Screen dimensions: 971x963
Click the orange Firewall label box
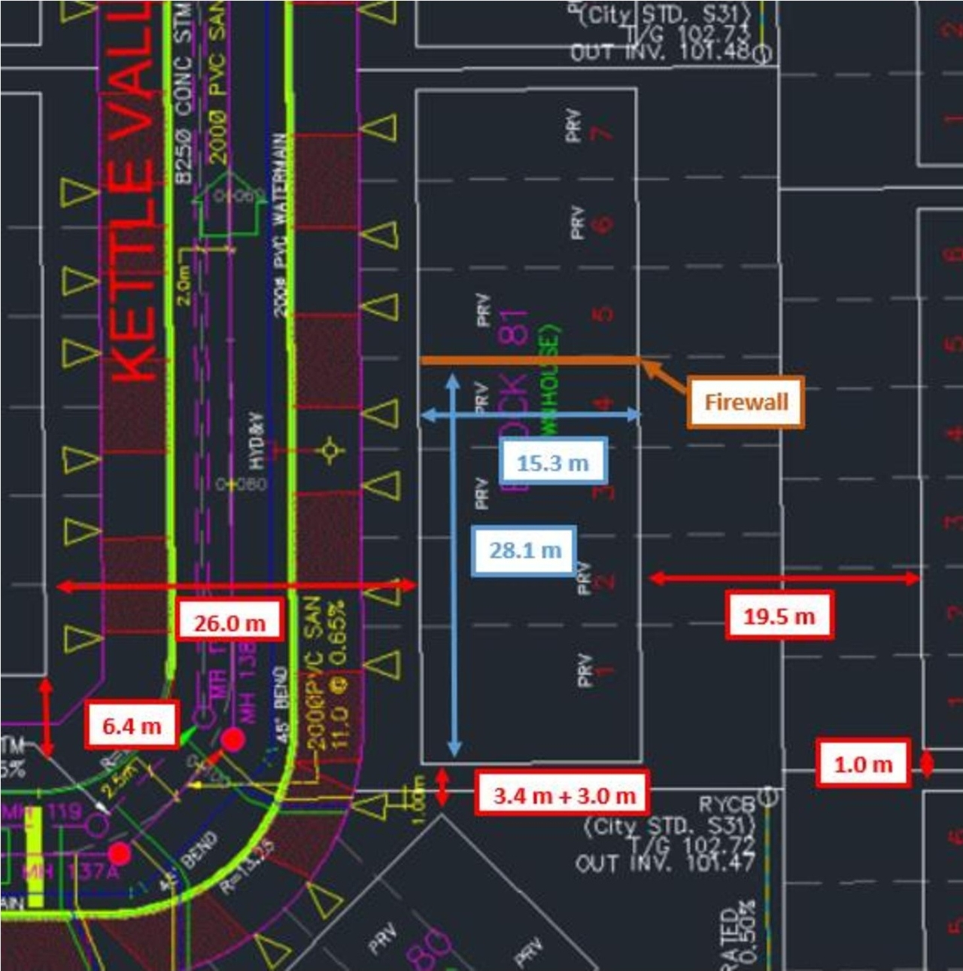click(x=745, y=402)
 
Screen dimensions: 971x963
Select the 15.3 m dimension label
click(x=552, y=463)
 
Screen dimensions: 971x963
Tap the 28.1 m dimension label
click(x=524, y=550)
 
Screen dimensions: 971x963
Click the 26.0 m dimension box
click(x=229, y=623)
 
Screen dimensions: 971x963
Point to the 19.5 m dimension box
click(x=779, y=616)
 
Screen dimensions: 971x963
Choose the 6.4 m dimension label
click(x=132, y=726)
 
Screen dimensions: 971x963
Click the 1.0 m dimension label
click(x=863, y=765)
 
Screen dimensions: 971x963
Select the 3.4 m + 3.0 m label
click(x=564, y=795)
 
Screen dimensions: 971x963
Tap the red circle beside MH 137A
click(x=120, y=854)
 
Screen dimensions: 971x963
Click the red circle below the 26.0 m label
click(x=233, y=740)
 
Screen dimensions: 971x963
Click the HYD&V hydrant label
click(x=257, y=440)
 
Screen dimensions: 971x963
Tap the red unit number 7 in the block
click(x=600, y=134)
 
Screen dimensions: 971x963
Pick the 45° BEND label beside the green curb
click(x=281, y=705)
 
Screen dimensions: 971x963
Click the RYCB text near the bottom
click(x=726, y=804)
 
